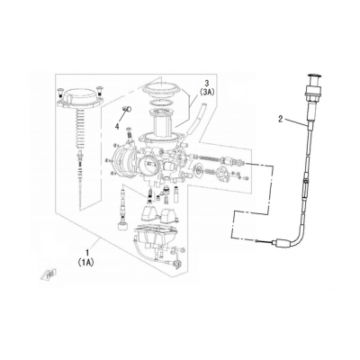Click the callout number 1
tap(87, 251)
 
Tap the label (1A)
tap(86, 262)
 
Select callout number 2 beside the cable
tap(281, 120)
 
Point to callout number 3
tap(206, 83)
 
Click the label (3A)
tap(206, 93)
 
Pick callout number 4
tap(117, 127)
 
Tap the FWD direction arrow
tap(49, 274)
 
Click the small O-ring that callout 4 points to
tap(127, 109)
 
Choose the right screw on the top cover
tap(99, 90)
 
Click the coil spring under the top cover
tap(80, 129)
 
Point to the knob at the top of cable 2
tap(314, 77)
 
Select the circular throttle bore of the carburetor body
tap(148, 165)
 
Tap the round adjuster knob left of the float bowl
tap(122, 227)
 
